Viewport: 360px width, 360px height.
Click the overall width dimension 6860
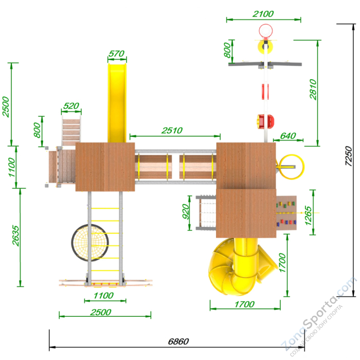(178, 341)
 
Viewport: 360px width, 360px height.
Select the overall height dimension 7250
(349, 156)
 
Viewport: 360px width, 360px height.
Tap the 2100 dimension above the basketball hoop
(263, 14)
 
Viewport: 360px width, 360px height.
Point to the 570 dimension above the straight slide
(116, 53)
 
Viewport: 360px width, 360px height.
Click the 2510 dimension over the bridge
(172, 131)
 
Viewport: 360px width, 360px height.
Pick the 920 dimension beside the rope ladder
(186, 211)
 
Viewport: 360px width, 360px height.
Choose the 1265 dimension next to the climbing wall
(308, 215)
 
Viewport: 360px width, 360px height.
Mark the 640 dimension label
(288, 136)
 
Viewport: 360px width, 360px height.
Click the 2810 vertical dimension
(313, 89)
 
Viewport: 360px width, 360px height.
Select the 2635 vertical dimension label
(15, 236)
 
